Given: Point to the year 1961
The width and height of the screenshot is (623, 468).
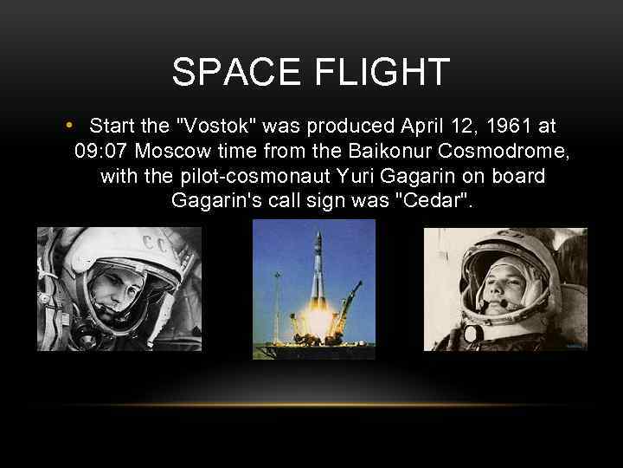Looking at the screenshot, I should click(505, 127).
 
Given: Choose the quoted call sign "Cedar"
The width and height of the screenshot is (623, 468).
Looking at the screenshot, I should click(437, 202).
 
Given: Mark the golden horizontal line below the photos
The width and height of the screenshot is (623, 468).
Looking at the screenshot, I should click(311, 405).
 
